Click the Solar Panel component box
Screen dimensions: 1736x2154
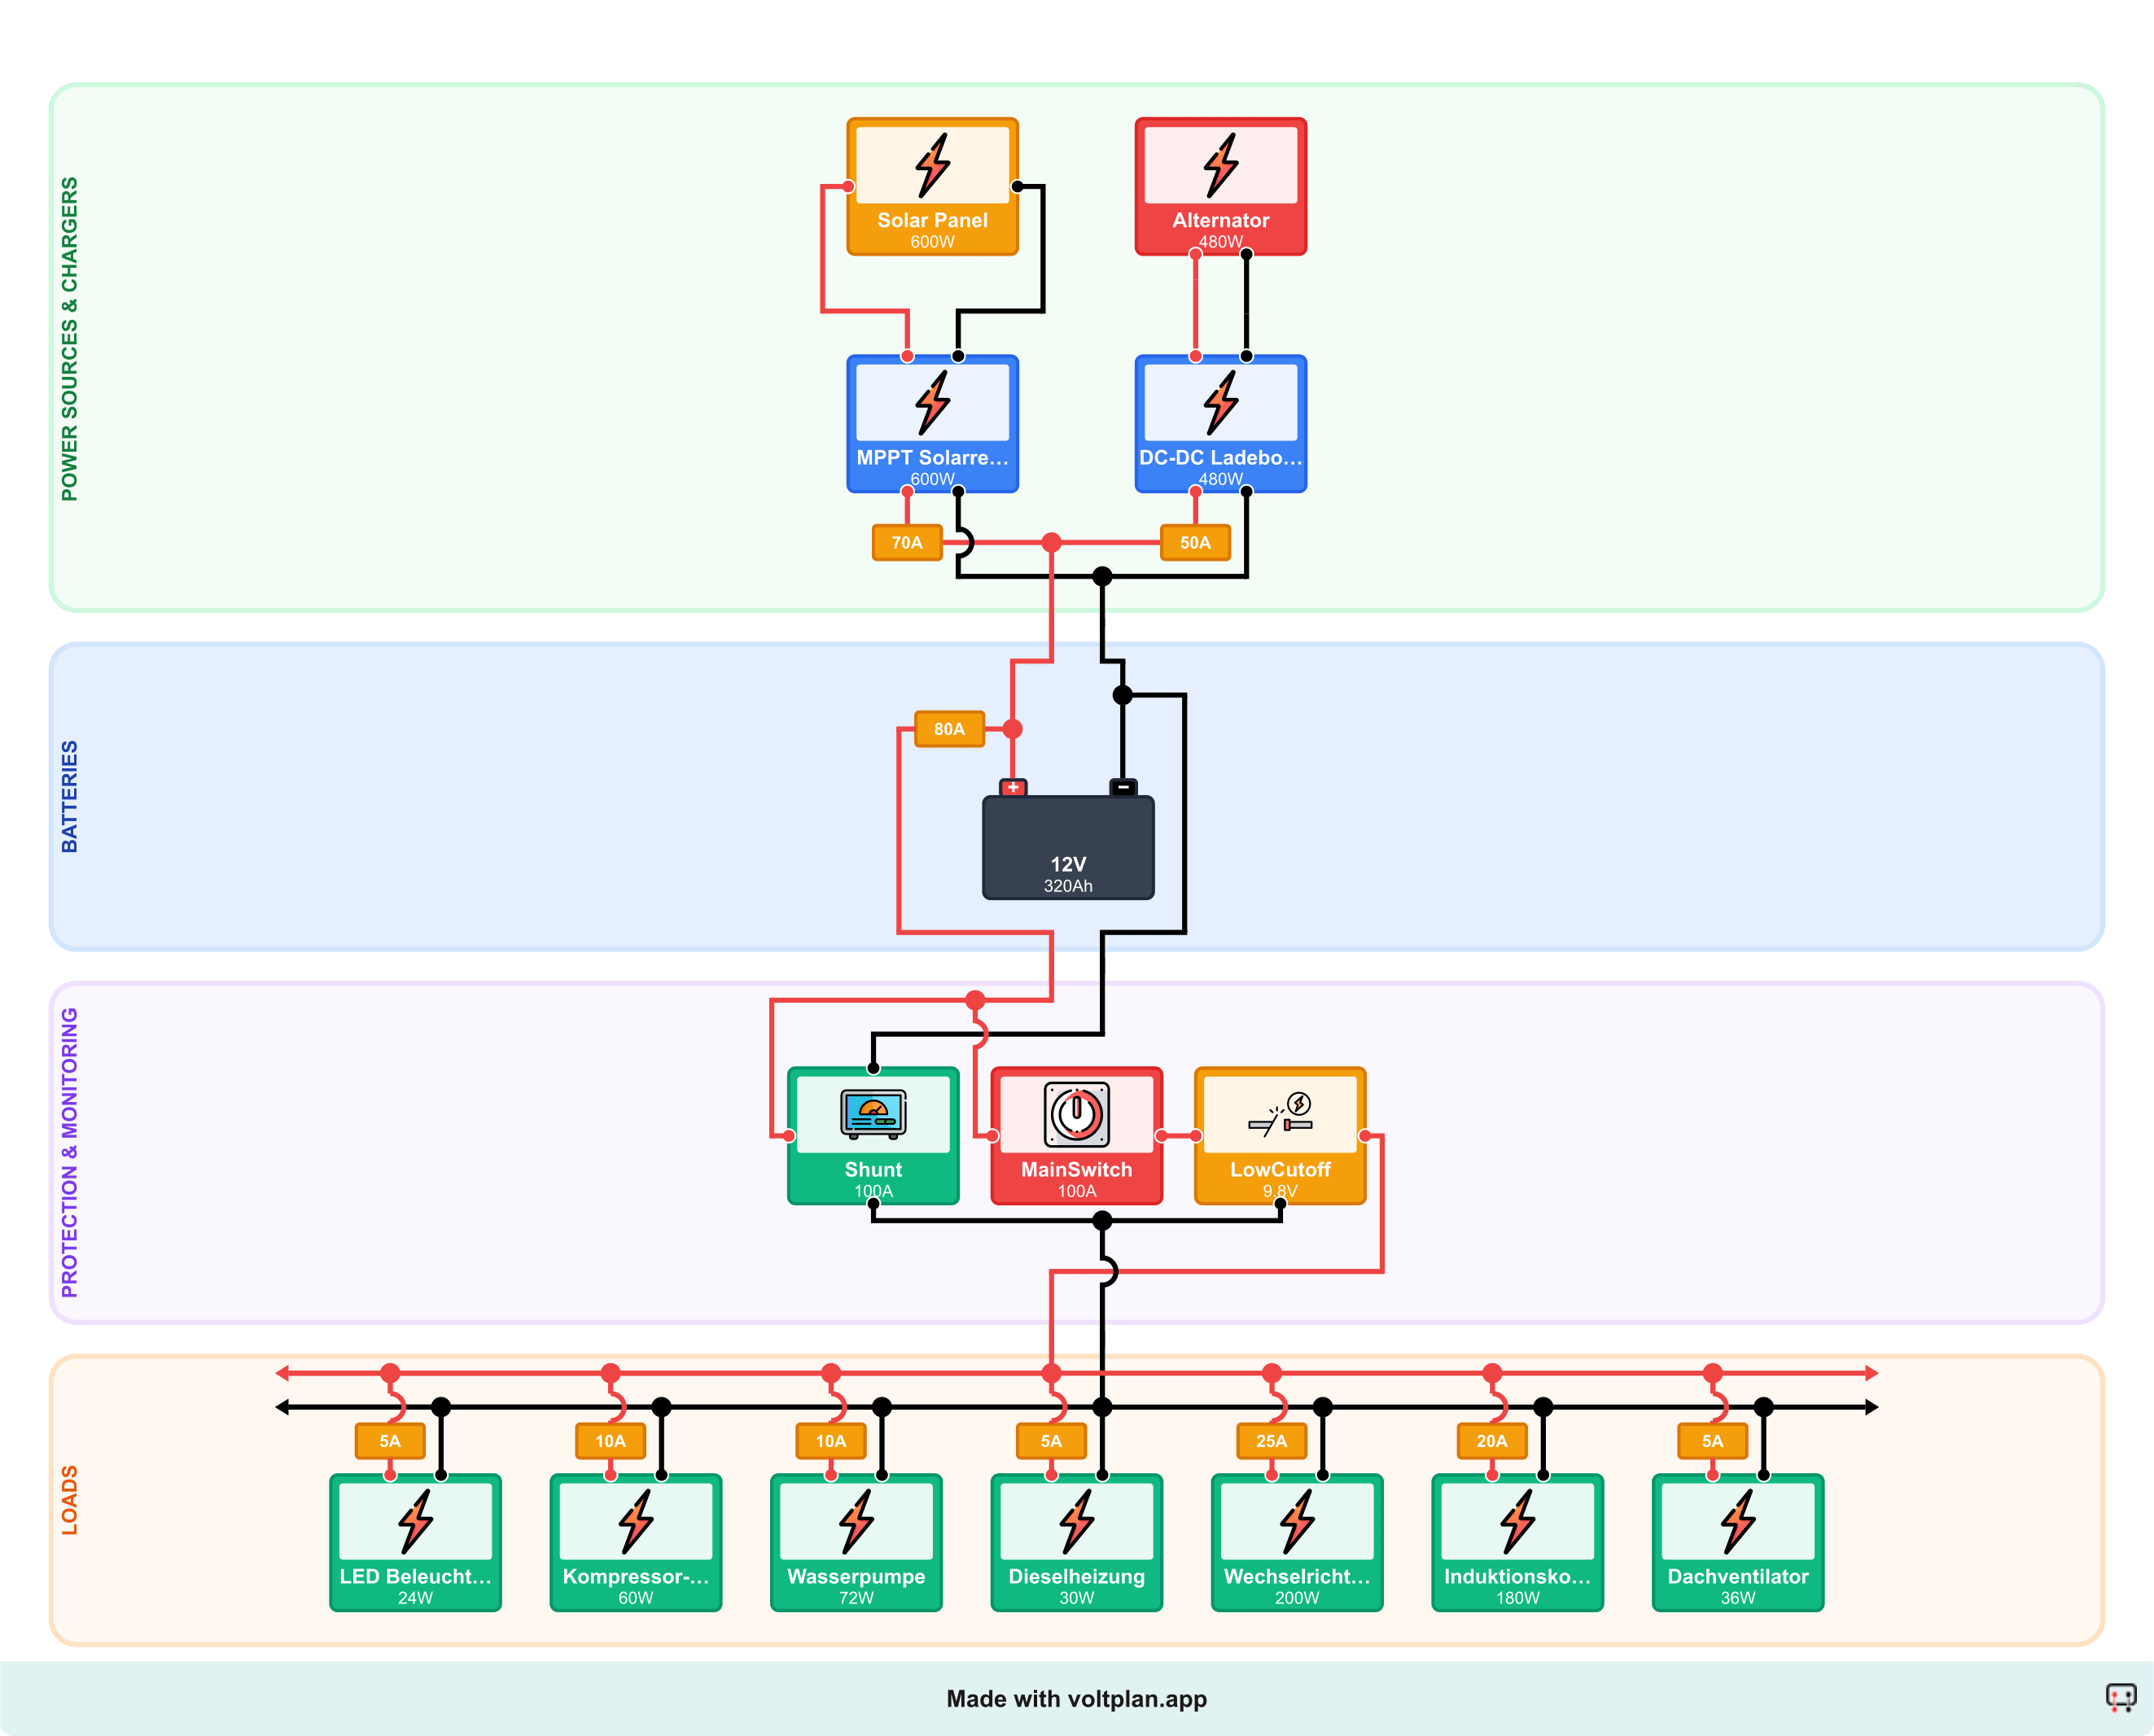(x=932, y=187)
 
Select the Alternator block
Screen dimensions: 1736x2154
(x=1220, y=187)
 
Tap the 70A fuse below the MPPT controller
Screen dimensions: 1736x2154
(x=906, y=543)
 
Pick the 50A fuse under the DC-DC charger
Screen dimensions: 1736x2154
(x=1195, y=543)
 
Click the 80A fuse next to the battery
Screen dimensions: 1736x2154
(x=949, y=729)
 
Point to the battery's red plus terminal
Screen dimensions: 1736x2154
(x=1013, y=787)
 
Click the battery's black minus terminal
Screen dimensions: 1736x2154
(x=1123, y=787)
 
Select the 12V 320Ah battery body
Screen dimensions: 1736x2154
(x=1068, y=848)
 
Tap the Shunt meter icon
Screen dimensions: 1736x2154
(x=873, y=1114)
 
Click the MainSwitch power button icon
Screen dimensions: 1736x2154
(x=1076, y=1114)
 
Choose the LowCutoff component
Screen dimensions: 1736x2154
(x=1280, y=1136)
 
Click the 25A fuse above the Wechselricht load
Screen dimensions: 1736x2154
(x=1271, y=1441)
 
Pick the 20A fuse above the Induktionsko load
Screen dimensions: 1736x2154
(x=1491, y=1441)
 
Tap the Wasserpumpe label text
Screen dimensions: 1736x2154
(x=856, y=1576)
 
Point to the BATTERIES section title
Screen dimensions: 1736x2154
(x=69, y=796)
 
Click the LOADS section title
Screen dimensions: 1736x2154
(x=69, y=1499)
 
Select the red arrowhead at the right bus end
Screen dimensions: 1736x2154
(x=1871, y=1373)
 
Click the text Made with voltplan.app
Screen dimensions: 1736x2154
(x=1076, y=1699)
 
